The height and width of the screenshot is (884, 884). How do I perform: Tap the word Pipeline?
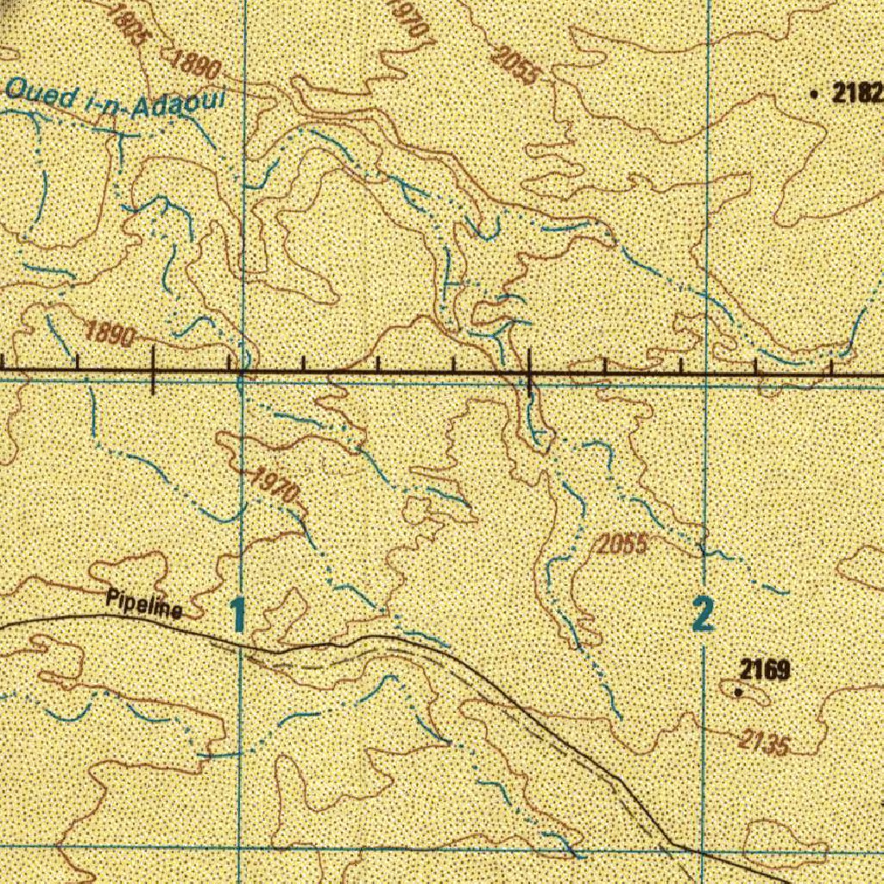[144, 604]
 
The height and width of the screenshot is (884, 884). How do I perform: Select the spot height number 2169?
[765, 669]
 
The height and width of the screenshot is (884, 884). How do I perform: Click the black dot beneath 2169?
[737, 691]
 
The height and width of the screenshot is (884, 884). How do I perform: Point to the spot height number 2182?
[856, 94]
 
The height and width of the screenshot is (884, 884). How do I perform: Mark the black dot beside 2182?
[816, 94]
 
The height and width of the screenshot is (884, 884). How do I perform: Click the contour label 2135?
[763, 742]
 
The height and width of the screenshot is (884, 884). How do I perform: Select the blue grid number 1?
[237, 616]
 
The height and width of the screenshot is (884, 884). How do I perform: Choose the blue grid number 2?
[704, 616]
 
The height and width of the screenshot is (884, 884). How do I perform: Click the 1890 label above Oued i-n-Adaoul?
[196, 66]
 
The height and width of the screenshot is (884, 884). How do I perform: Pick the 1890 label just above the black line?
[110, 333]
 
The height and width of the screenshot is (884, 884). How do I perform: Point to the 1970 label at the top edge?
[408, 17]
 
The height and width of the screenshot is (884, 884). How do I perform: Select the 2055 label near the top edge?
[515, 65]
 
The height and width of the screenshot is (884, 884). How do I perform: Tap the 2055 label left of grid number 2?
[622, 545]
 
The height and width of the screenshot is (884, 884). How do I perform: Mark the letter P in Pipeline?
[112, 597]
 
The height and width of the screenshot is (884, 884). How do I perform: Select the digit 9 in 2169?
[784, 669]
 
